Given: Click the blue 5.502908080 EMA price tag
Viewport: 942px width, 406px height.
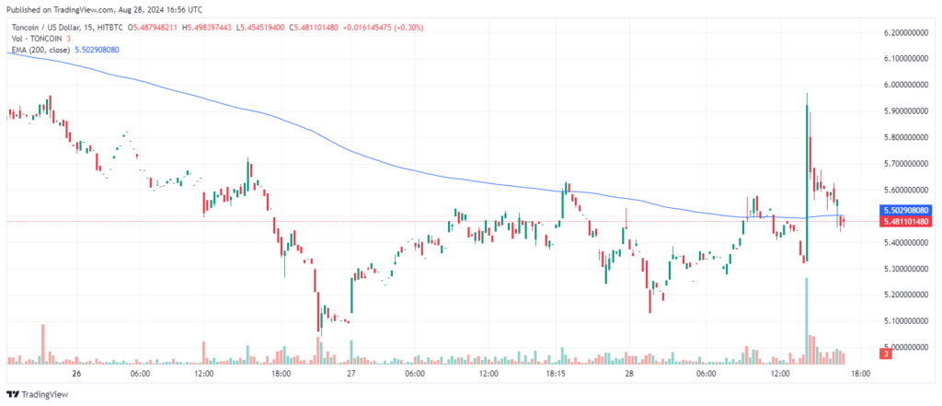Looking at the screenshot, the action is (x=905, y=211).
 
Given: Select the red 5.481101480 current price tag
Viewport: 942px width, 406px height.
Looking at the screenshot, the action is (x=905, y=222).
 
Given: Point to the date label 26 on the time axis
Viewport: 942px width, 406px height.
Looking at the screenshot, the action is (x=75, y=374).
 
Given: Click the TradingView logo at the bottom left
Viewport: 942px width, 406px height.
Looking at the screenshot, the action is (x=37, y=395).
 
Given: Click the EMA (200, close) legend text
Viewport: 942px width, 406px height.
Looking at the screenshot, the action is (x=40, y=50).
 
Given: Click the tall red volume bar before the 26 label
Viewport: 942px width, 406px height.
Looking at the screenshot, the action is (x=42, y=344).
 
